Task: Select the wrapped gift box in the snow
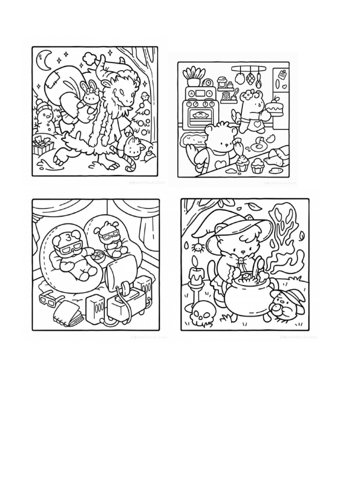coord(43,145)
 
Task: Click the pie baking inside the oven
coord(200,113)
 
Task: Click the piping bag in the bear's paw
coord(240,149)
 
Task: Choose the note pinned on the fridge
coord(283,75)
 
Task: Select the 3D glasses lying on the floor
coord(49,298)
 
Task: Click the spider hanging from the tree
coord(198,247)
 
